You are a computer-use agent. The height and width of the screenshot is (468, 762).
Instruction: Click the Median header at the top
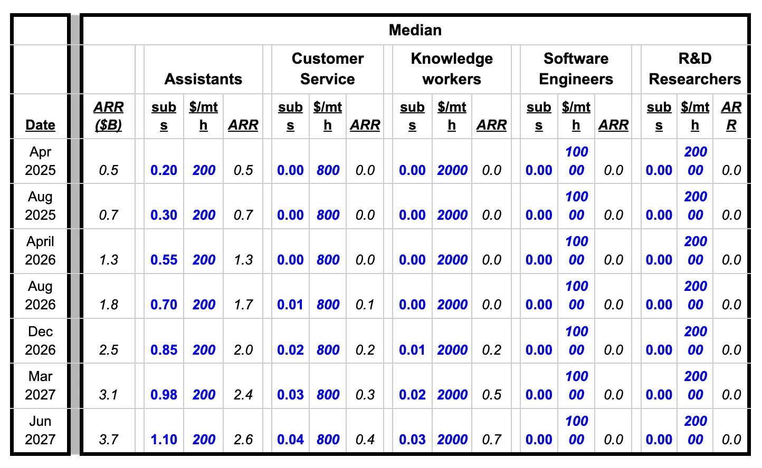(x=415, y=30)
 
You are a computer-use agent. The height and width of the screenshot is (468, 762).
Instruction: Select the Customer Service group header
(x=327, y=69)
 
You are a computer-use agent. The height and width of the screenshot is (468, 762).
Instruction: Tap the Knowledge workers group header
(x=452, y=69)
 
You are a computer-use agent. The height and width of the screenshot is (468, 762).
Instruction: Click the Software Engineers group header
(x=576, y=69)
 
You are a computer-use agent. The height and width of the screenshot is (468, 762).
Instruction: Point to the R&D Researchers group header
(x=694, y=69)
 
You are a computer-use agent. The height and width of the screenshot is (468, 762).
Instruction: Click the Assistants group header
(x=203, y=79)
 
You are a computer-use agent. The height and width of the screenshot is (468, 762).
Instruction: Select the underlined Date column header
(x=40, y=125)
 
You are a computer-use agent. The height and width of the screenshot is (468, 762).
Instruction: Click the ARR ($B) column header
(x=108, y=116)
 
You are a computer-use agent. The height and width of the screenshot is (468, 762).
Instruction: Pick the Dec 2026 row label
(x=40, y=340)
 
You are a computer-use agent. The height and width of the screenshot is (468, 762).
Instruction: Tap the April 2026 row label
(x=40, y=250)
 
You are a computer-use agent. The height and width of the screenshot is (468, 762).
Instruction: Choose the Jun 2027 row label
(x=40, y=430)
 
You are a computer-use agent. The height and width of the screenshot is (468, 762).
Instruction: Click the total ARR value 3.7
(x=108, y=440)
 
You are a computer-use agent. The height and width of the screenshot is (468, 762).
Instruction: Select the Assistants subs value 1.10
(x=164, y=440)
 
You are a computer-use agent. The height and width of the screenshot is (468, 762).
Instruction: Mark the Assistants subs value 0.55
(x=164, y=260)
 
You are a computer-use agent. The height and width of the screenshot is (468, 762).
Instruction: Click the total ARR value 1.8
(x=108, y=305)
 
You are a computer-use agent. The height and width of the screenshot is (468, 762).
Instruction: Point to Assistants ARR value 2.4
(x=243, y=395)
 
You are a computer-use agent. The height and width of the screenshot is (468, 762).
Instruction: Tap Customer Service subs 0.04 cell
(x=290, y=440)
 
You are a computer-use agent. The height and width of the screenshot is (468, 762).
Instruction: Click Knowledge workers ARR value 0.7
(x=491, y=440)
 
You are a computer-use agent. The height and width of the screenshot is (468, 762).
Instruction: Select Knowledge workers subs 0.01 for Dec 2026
(x=412, y=350)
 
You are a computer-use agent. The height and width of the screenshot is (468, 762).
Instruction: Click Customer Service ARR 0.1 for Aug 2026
(x=365, y=305)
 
